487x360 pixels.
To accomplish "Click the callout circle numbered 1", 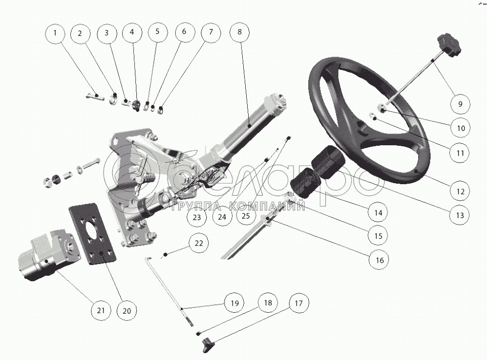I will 56,33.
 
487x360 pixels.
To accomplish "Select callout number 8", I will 240,33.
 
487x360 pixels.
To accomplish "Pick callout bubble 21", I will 101,310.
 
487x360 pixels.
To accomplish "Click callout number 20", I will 127,310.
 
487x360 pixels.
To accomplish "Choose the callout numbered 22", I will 198,243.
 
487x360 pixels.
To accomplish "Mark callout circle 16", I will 378,259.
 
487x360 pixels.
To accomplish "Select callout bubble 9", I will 460,104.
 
